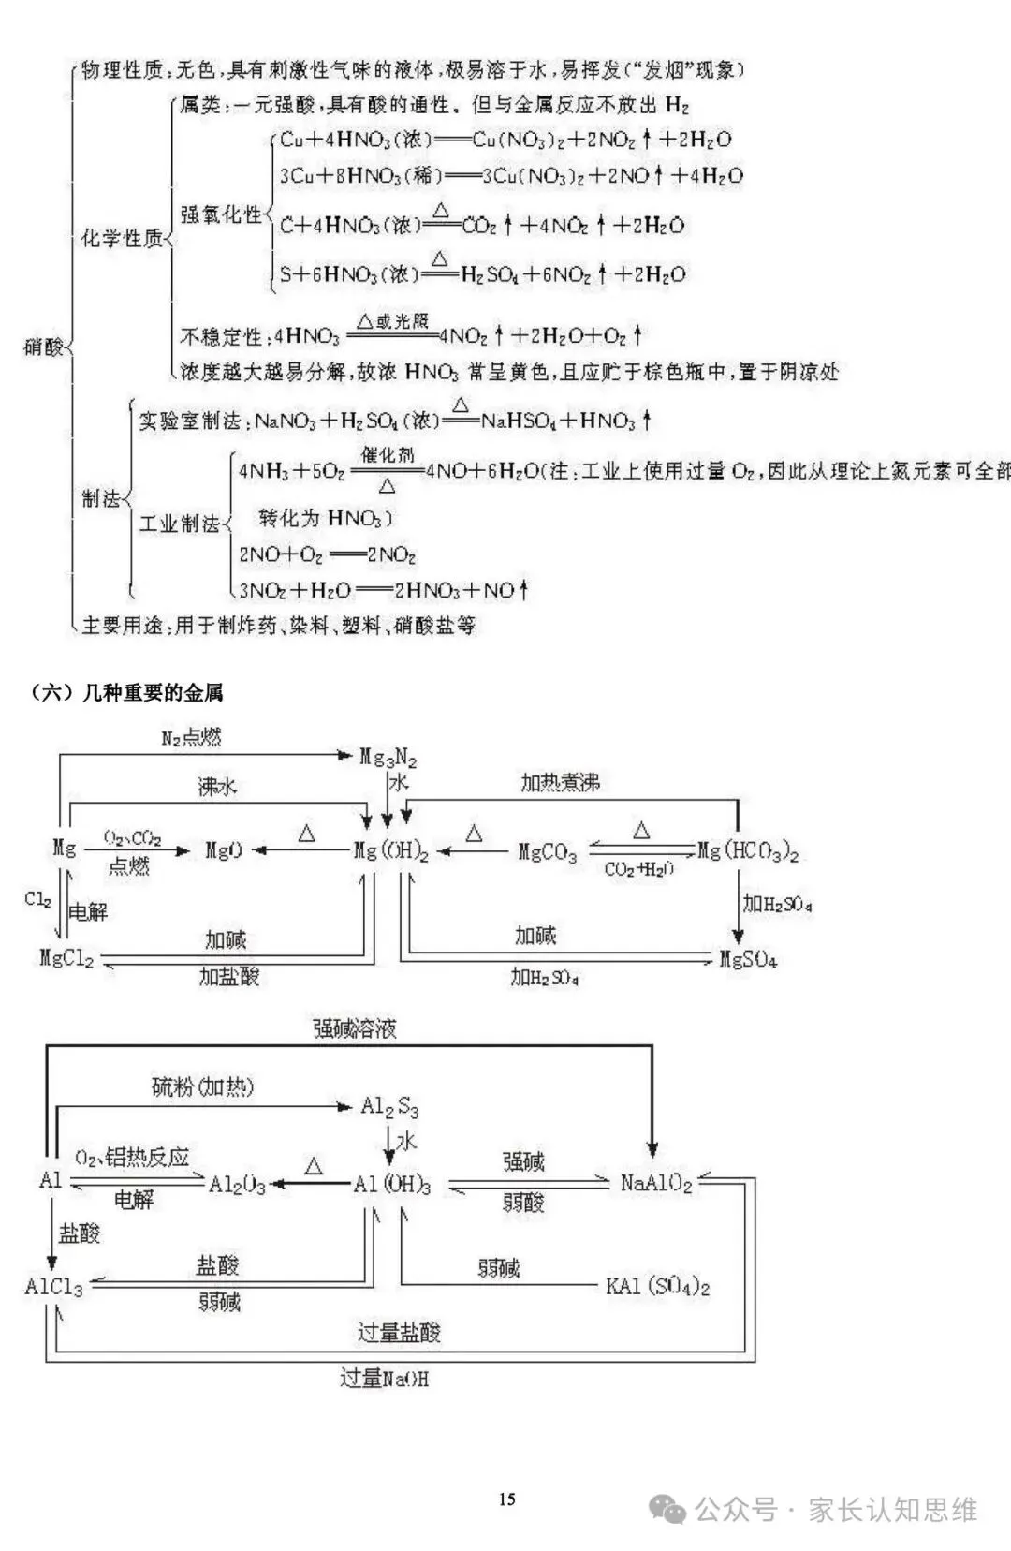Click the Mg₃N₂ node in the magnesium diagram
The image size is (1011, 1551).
[388, 757]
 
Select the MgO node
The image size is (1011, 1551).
[224, 850]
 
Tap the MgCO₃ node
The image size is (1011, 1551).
[548, 852]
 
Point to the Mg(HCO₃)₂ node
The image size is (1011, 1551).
[748, 851]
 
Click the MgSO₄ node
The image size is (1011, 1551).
[748, 960]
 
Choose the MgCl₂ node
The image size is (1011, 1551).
[66, 958]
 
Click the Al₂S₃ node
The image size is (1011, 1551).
[389, 1107]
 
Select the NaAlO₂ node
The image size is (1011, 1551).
[656, 1184]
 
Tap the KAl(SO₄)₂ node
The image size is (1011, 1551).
[657, 1286]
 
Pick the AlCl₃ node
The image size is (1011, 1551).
[53, 1287]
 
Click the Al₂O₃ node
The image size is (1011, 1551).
[237, 1185]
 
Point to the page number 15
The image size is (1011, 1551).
[506, 1499]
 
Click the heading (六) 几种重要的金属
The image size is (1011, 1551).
[127, 693]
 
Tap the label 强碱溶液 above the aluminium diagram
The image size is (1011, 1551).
[355, 1028]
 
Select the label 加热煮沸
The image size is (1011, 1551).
[560, 782]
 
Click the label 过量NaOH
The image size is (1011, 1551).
[384, 1379]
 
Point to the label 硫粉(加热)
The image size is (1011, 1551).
[202, 1086]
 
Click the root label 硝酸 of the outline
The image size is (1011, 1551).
[43, 347]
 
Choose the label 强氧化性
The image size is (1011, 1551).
[221, 214]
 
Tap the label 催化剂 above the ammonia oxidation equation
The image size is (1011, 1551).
[388, 455]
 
